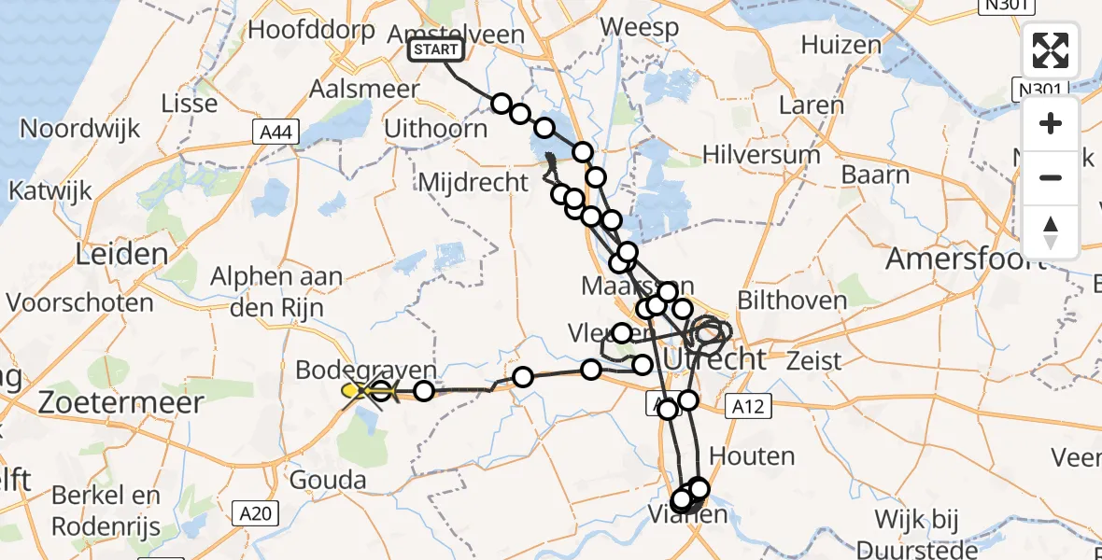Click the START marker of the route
(435, 49)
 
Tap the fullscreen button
(1051, 51)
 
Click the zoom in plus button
(1051, 123)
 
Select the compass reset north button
(1051, 231)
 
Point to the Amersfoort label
(964, 259)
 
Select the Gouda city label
(328, 481)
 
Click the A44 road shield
(275, 133)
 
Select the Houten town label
(752, 456)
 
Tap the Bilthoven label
(792, 301)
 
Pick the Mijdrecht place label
(473, 182)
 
